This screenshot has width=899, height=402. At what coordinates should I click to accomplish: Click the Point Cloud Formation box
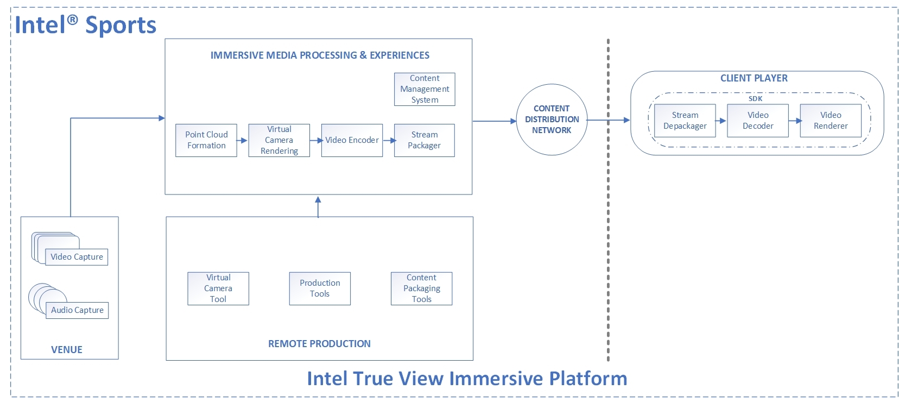click(x=206, y=140)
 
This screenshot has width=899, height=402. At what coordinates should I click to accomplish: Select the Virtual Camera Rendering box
click(x=279, y=140)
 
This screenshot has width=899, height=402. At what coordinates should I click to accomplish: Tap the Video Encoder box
click(x=352, y=140)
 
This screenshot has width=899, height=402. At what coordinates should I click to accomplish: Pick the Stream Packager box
click(x=424, y=140)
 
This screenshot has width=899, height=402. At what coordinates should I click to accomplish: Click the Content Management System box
click(x=425, y=89)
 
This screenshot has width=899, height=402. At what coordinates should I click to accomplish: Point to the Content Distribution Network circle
click(x=552, y=120)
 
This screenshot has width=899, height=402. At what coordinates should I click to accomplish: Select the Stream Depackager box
click(x=685, y=121)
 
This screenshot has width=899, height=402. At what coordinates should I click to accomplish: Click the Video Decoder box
click(x=758, y=121)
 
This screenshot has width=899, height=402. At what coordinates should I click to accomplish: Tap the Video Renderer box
click(x=831, y=121)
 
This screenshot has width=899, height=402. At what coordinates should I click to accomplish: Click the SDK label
click(x=756, y=99)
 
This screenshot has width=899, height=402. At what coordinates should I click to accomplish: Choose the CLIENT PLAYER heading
click(x=754, y=78)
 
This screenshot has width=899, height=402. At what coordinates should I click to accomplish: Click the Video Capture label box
click(x=77, y=257)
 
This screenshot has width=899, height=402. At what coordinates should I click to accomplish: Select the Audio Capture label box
click(x=77, y=310)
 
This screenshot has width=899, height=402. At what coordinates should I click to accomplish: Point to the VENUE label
click(x=67, y=350)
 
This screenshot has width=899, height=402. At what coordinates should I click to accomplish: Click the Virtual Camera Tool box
click(x=218, y=288)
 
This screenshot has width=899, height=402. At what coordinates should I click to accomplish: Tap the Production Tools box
click(x=320, y=288)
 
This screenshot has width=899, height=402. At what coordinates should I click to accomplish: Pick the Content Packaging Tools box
click(x=421, y=288)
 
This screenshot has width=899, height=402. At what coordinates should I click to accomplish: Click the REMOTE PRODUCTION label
click(x=319, y=344)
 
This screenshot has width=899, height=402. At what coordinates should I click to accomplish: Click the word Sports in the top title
click(x=121, y=25)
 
